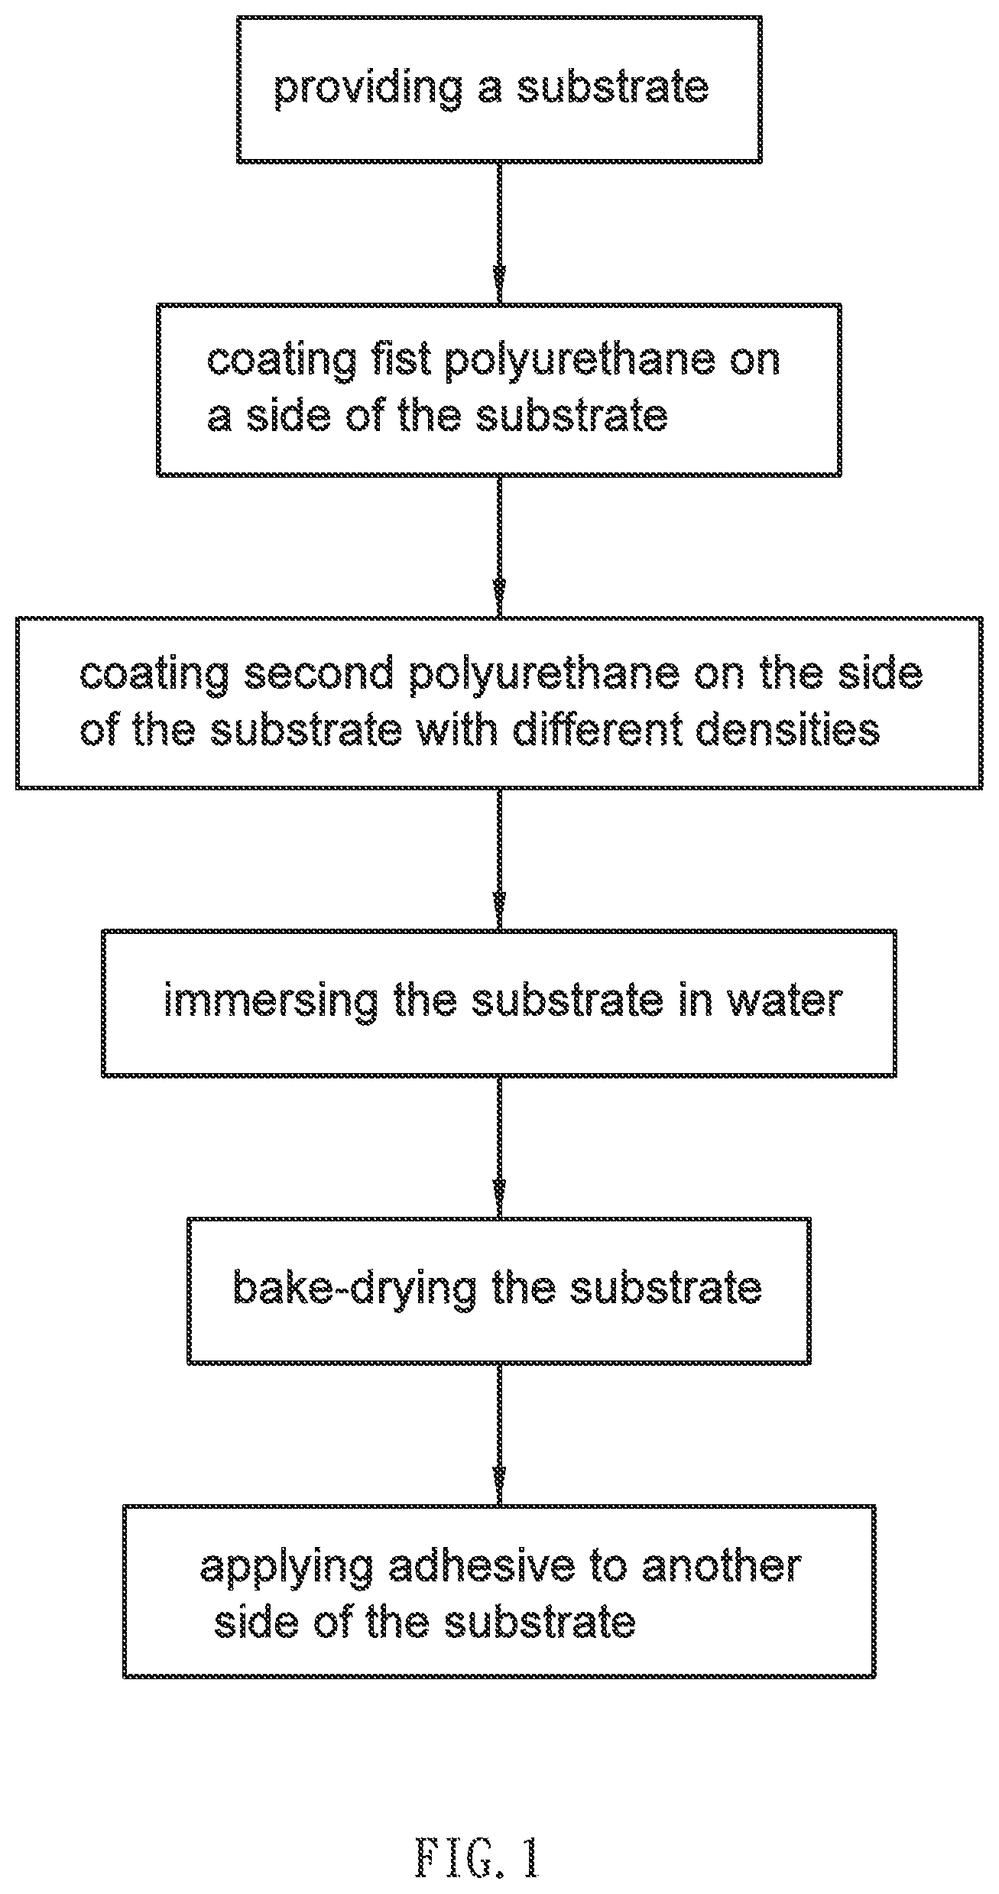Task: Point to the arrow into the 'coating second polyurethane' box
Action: [499, 546]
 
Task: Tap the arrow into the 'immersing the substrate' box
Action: [499, 859]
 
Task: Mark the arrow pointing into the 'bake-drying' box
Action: [499, 1147]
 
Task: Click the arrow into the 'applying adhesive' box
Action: [499, 1435]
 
